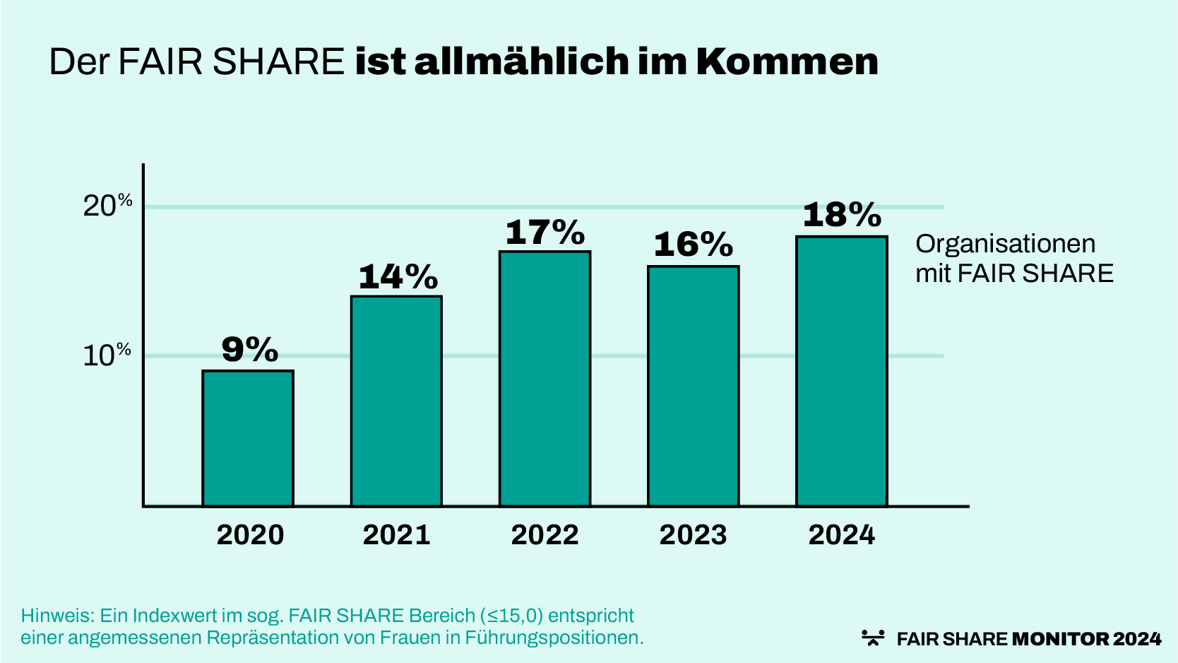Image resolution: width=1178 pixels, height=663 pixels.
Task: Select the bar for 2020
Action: pos(248,438)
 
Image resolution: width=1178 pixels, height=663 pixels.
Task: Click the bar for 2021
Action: pos(396,401)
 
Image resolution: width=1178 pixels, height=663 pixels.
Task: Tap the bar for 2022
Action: pos(545,378)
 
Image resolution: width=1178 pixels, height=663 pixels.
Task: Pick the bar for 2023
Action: pos(693,386)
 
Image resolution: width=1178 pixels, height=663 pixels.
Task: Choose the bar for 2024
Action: pos(841,371)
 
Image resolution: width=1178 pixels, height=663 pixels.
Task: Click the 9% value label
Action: pos(250,349)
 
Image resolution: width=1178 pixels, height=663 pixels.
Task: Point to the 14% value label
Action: pos(398,276)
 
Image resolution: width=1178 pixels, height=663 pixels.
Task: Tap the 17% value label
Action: pos(545,232)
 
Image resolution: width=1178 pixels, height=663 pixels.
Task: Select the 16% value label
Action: pos(694,245)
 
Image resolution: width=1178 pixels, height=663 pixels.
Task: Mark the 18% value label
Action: pos(842,215)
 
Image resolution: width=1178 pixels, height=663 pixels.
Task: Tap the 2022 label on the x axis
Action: pos(545,535)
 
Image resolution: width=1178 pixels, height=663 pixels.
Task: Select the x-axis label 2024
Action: pos(841,535)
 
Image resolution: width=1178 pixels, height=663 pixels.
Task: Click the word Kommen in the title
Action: pos(787,61)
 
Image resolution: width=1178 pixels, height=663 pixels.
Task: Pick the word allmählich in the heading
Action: pos(521,61)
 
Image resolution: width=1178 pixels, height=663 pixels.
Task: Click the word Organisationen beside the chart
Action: pos(1005,244)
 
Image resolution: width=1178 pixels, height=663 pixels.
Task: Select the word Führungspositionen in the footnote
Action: pos(554,638)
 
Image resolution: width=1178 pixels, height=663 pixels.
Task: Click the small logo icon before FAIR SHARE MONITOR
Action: pos(873,638)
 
